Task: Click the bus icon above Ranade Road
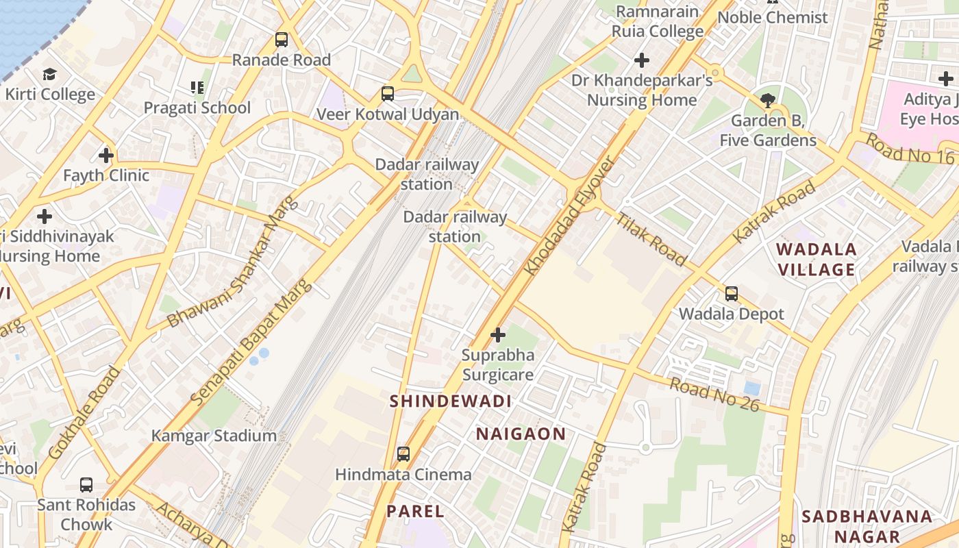282,40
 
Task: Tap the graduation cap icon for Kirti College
49,74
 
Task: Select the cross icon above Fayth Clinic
106,155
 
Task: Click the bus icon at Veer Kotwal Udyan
388,94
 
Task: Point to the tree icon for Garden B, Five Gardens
768,101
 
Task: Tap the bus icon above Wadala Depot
732,294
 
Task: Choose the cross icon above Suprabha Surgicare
498,335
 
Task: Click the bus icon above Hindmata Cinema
403,453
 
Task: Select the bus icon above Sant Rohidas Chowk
86,484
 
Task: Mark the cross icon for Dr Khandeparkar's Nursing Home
642,60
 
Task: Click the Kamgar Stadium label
214,436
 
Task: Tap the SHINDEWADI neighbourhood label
450,402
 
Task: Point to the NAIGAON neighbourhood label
521,434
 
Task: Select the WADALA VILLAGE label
817,259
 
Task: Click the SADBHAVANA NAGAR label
867,526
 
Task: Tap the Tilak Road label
651,239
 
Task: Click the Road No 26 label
714,395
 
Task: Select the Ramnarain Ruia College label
657,21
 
